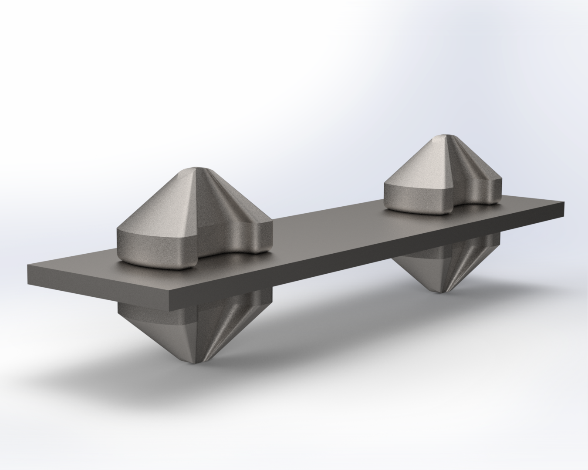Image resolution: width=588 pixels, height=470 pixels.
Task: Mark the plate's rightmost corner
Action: [564, 202]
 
